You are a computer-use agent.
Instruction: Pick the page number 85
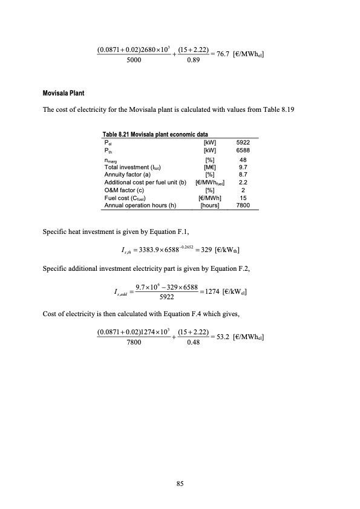(x=180, y=483)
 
